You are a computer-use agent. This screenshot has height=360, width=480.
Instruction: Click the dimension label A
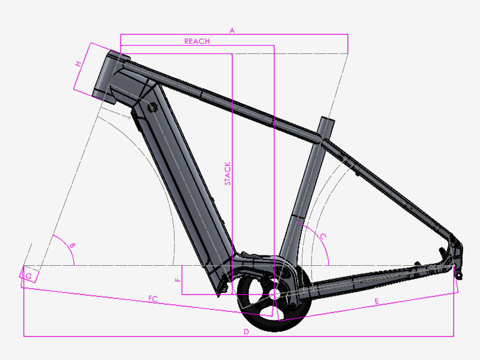(232, 31)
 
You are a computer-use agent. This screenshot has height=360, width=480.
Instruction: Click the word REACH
(197, 41)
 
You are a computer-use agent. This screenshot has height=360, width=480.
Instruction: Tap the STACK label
(227, 173)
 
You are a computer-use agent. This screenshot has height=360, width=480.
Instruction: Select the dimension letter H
(79, 64)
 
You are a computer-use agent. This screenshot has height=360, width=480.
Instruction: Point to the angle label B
(72, 245)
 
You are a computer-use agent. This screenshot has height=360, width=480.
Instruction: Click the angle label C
(323, 236)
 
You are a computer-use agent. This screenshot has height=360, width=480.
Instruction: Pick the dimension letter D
(247, 332)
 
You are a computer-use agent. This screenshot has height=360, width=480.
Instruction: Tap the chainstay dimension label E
(377, 302)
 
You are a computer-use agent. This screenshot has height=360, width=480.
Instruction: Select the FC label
(153, 299)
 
